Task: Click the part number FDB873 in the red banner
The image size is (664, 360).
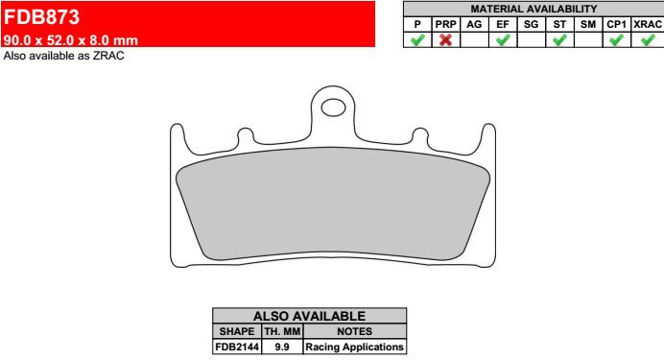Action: (x=41, y=17)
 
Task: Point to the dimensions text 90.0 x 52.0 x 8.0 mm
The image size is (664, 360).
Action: (x=71, y=40)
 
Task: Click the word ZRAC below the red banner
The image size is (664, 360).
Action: (x=108, y=56)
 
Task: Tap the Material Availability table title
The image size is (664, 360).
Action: (x=534, y=9)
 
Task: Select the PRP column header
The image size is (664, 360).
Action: (x=445, y=25)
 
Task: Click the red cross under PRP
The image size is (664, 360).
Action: (x=445, y=39)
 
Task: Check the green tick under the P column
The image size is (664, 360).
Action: (x=417, y=39)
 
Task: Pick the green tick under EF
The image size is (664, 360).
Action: (x=503, y=39)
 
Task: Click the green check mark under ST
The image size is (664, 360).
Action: (x=559, y=39)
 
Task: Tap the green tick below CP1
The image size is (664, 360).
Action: (x=616, y=39)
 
